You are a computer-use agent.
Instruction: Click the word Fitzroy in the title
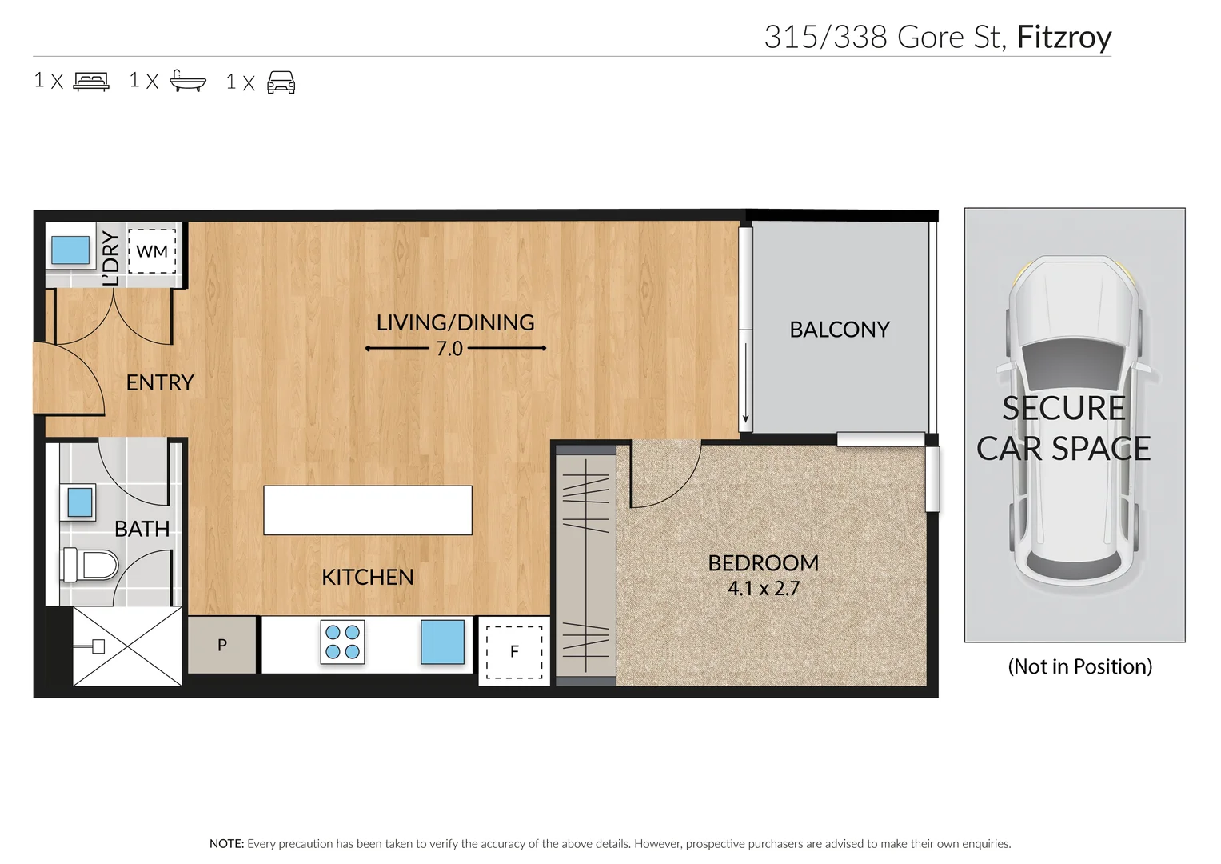pos(1063,38)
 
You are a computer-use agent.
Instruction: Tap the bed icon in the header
pos(91,82)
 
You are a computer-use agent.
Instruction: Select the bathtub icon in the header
pos(188,82)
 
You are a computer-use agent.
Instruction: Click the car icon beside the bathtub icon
pos(281,82)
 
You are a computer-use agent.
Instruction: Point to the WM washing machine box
pos(152,251)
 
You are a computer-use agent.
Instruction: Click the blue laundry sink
pos(70,250)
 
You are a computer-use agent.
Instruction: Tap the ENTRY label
pos(160,382)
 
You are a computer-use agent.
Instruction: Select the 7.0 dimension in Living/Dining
pos(449,349)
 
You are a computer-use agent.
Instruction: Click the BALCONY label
pos(840,330)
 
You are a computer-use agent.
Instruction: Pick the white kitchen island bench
pos(368,510)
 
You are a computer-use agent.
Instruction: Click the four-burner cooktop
pos(342,642)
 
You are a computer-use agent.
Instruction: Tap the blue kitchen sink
pos(442,642)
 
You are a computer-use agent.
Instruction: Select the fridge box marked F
pos(514,651)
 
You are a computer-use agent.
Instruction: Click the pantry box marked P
pos(222,645)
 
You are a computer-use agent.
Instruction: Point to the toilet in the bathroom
pos(89,566)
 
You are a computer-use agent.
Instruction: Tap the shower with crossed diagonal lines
pos(127,646)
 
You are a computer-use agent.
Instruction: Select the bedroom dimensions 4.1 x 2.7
pos(764,589)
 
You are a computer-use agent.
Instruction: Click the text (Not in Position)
pos(1079,666)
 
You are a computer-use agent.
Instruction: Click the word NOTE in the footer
pos(226,843)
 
